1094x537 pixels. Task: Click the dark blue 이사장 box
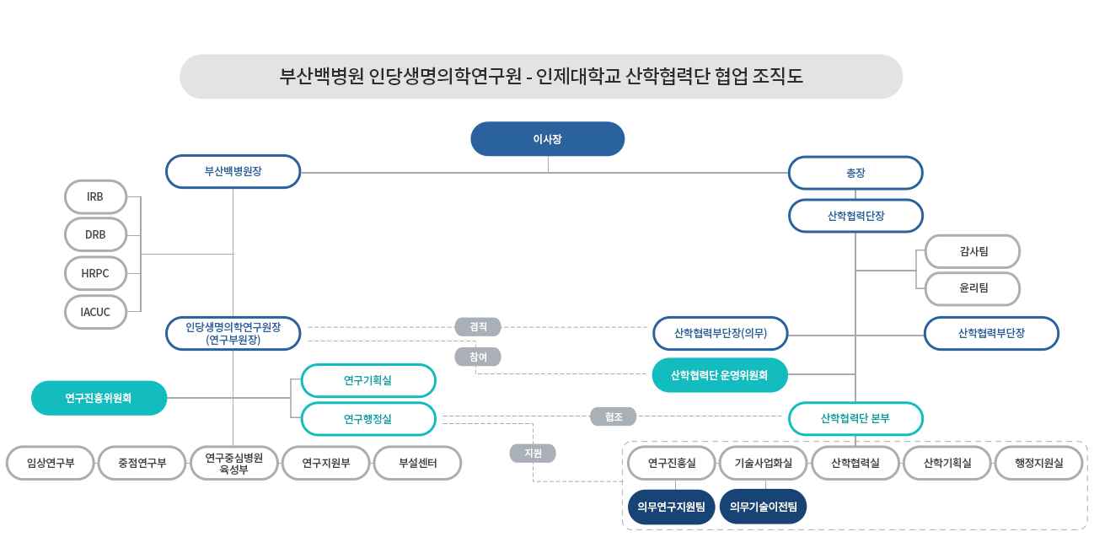547,139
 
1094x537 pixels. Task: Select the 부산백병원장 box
233,171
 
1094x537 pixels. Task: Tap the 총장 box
855,173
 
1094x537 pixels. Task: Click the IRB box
95,196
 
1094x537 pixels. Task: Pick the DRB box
95,234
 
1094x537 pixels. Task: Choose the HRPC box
95,273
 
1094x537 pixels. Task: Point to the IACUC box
95,312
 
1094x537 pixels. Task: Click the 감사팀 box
973,251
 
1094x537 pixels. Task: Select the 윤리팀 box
973,288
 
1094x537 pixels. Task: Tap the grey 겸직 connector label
478,326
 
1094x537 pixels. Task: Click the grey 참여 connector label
478,357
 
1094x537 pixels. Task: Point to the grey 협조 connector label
614,416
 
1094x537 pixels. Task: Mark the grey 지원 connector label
533,453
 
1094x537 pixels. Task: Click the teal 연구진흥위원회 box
99,398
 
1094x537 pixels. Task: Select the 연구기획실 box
368,380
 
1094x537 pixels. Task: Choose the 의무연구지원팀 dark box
671,507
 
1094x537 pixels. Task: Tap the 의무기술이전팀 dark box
764,507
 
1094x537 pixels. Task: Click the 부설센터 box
418,463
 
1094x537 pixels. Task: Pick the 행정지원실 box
1039,463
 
